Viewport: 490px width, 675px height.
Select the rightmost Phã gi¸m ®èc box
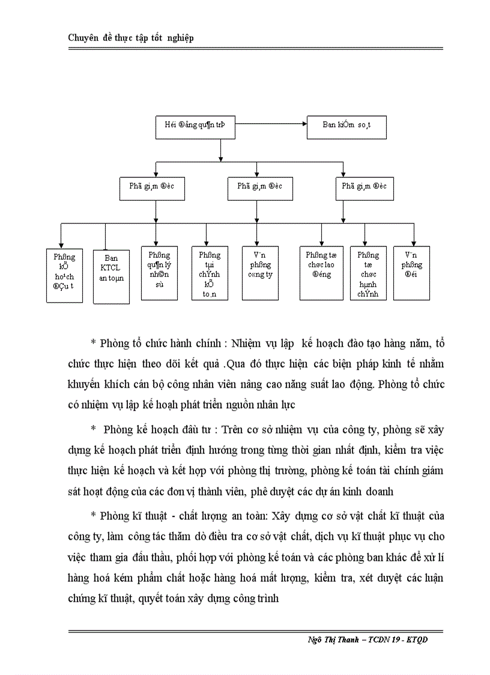364,187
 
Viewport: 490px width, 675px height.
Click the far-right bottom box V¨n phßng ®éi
412,272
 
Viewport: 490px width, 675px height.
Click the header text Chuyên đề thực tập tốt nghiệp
130,38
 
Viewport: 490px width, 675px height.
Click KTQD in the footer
415,639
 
